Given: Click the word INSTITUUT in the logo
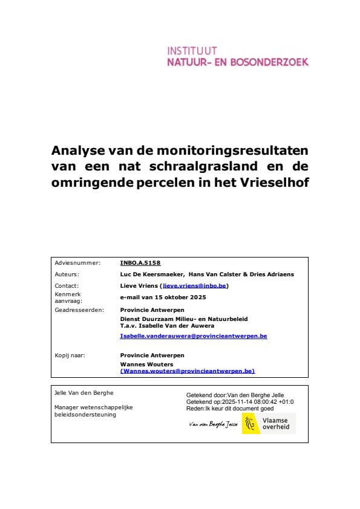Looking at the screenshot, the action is click(x=192, y=51).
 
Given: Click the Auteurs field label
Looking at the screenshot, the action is click(x=67, y=274).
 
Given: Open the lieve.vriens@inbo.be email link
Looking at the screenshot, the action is click(x=194, y=285).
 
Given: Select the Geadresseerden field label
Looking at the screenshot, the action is click(x=79, y=310).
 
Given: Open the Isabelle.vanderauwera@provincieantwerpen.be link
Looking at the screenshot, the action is click(x=194, y=335).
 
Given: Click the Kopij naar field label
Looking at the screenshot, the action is click(x=70, y=355).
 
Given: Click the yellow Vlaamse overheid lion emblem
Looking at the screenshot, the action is click(x=251, y=424).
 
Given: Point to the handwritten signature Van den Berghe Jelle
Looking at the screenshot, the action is click(x=214, y=425).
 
